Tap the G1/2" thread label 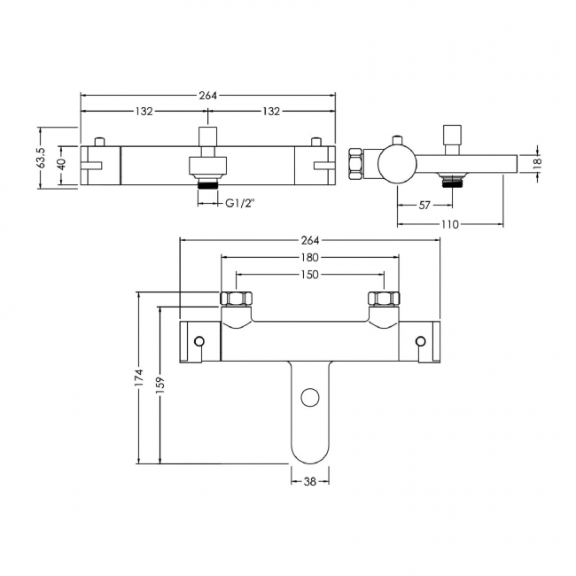pos(238,203)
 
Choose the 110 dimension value pos(449,224)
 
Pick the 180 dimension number pos(309,259)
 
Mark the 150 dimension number pos(309,275)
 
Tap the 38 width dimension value pos(310,481)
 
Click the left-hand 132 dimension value pos(144,111)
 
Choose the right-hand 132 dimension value pos(271,111)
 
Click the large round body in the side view pos(395,163)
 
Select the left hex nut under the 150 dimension pos(237,300)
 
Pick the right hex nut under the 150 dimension pos(383,300)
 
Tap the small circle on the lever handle pos(310,397)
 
